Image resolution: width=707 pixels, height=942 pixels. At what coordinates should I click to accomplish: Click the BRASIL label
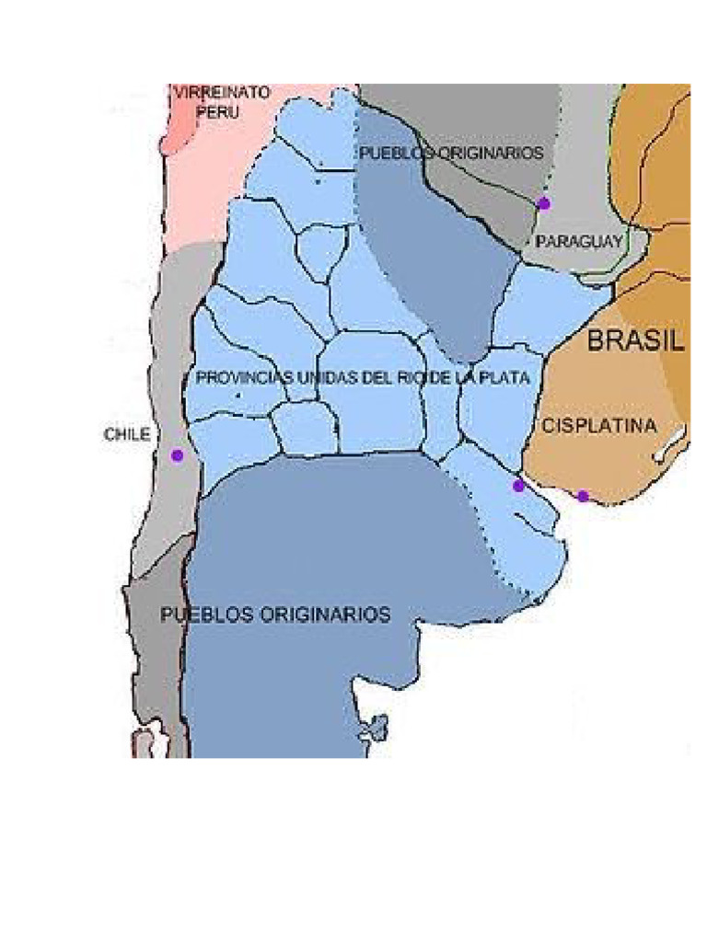636,341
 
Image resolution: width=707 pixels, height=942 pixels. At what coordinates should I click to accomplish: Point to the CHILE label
126,435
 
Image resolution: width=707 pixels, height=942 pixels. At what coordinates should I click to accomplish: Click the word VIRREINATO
222,93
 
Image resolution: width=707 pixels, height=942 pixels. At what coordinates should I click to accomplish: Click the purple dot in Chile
177,455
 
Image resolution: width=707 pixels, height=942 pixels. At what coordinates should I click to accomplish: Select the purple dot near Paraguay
544,203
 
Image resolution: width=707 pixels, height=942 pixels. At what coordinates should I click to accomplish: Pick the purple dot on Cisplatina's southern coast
583,497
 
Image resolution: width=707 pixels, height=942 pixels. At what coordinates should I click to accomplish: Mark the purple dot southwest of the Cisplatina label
518,486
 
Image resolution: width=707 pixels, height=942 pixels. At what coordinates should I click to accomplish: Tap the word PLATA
504,378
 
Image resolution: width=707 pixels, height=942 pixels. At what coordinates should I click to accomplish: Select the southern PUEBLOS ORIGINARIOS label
275,615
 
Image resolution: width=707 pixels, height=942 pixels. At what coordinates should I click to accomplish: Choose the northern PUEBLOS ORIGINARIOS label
450,154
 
